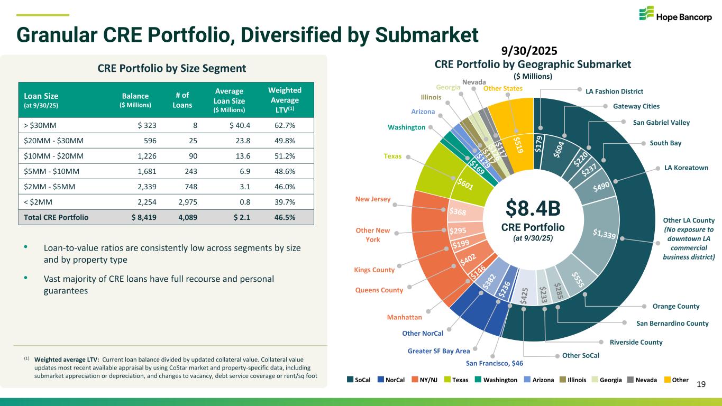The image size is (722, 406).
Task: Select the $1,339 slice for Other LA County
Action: coord(603,234)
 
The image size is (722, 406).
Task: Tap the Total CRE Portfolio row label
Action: coord(53,217)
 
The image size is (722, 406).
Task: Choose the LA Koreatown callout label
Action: coord(686,168)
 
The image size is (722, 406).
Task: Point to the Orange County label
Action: coord(676,306)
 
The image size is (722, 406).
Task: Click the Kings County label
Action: coord(374,270)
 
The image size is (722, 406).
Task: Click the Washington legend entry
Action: coord(500,380)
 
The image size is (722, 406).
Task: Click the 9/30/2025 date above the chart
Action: coord(533,51)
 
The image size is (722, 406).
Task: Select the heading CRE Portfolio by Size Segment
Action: coord(171,68)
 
